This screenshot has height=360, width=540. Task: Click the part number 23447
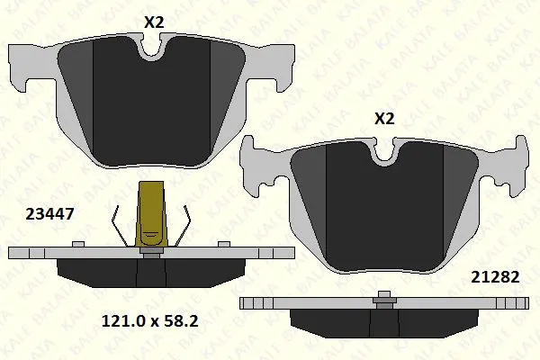pos(49,214)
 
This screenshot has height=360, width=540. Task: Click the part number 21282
pos(495,276)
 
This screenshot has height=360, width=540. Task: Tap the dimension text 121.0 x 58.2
pos(149,321)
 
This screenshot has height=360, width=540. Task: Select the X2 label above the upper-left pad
pos(154,22)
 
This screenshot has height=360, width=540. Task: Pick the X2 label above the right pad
pos(384,119)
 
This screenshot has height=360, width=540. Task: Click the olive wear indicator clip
pos(151,217)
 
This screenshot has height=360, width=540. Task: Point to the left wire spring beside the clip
pos(120,226)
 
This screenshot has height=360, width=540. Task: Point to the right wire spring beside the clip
pos(183,226)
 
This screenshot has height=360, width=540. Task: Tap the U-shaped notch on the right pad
pos(383,150)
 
